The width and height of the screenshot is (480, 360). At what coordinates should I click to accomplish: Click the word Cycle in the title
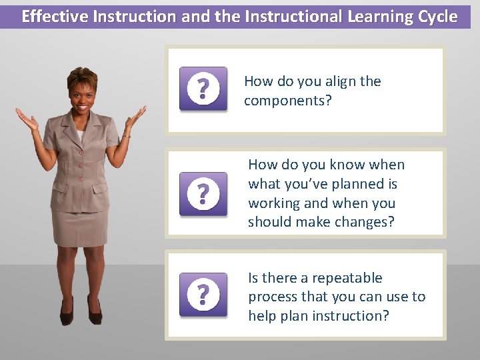tap(435, 17)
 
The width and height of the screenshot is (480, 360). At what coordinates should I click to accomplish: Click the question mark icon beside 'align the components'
tap(203, 89)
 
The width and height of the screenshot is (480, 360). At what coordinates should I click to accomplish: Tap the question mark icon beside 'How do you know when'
tap(203, 193)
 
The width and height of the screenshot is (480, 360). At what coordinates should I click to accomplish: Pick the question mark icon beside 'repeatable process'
tap(203, 294)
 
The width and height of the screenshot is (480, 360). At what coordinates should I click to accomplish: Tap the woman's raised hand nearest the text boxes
tap(135, 118)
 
